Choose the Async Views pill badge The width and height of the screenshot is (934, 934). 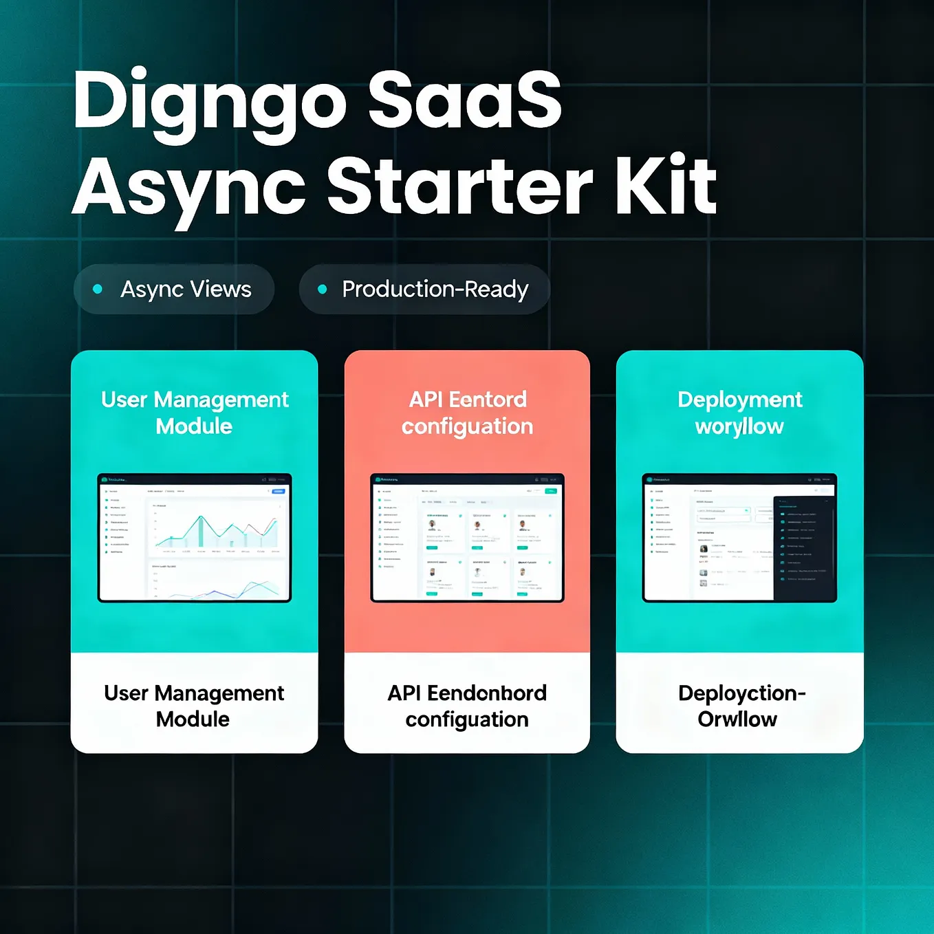[174, 290]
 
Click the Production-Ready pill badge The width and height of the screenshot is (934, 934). [424, 290]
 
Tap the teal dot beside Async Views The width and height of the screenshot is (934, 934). [98, 290]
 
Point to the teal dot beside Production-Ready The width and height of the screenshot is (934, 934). [322, 290]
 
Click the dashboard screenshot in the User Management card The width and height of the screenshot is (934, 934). [195, 538]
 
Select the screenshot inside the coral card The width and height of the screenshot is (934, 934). [467, 538]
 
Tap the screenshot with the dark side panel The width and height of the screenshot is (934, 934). [739, 538]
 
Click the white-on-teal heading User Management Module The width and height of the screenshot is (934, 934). [195, 413]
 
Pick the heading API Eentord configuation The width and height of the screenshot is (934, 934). [467, 413]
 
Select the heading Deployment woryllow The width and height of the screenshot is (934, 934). [739, 413]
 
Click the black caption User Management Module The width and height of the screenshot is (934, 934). [194, 706]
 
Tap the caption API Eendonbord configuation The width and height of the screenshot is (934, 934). [467, 706]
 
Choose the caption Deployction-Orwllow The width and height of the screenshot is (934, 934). [740, 706]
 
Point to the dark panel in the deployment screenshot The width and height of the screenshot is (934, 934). [803, 547]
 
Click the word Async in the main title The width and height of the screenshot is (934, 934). [189, 187]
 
